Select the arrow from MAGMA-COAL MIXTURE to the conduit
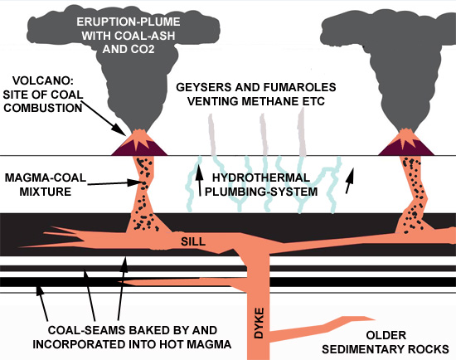point(109,178)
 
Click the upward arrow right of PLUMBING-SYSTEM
point(353,177)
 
